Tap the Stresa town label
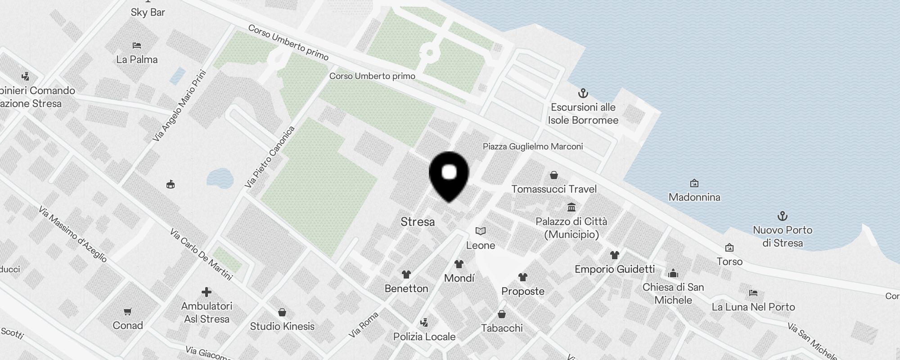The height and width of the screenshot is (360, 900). click(x=418, y=222)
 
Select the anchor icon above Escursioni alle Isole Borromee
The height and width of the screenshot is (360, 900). click(x=583, y=94)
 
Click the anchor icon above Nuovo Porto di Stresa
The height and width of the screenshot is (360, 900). click(x=783, y=216)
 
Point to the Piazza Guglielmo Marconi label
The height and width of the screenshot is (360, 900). click(x=532, y=147)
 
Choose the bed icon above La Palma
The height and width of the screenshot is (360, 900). click(x=137, y=45)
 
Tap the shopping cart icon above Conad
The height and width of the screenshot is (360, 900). click(x=128, y=311)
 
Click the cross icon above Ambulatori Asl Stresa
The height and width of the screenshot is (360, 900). click(x=207, y=292)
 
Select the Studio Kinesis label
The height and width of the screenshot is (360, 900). click(x=282, y=326)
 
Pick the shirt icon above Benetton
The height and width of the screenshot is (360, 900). click(x=406, y=274)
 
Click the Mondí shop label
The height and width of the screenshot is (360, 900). click(x=459, y=278)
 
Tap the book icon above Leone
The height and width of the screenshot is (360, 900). click(x=481, y=231)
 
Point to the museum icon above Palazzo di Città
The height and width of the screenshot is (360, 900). click(x=571, y=207)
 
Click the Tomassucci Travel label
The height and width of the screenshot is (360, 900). click(x=554, y=189)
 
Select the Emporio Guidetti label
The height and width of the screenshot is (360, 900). click(x=615, y=269)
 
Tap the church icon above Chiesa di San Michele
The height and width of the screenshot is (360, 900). click(x=673, y=273)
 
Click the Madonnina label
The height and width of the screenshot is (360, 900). click(x=694, y=197)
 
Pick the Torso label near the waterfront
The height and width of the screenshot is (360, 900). click(x=729, y=261)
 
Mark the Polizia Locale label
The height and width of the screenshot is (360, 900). click(x=424, y=337)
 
